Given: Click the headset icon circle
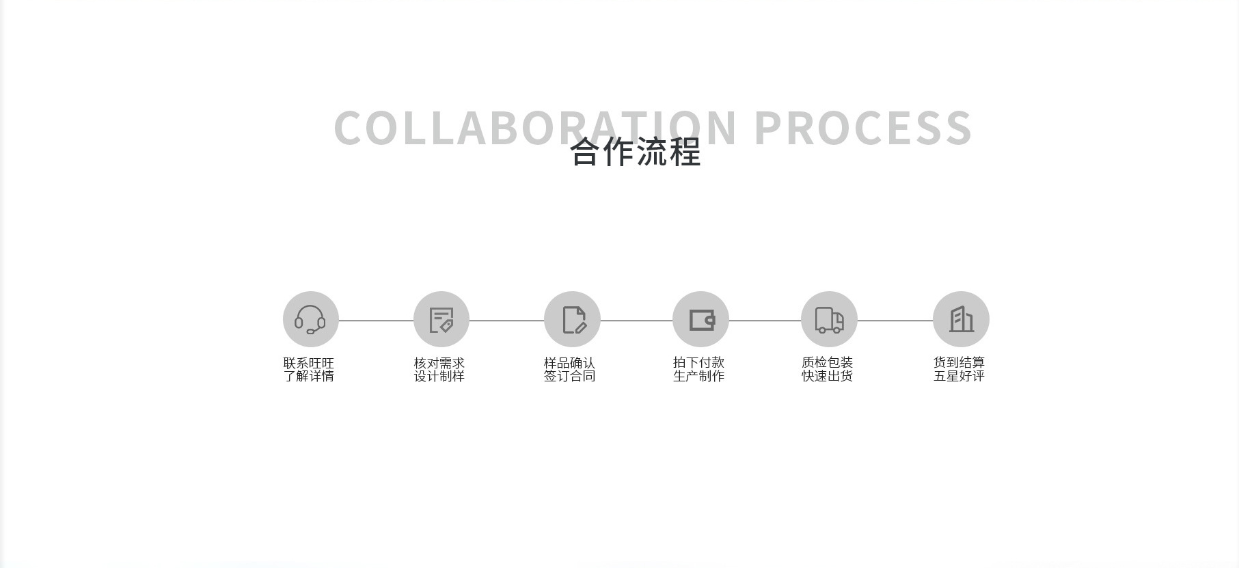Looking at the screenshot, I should point(311,319).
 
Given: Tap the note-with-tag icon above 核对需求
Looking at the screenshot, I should point(441,319).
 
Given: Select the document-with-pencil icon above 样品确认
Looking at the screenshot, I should point(572,319).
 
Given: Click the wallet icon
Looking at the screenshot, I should point(700,319).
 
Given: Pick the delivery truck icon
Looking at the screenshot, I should point(829,319).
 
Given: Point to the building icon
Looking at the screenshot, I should point(961,319).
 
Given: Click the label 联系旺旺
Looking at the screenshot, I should point(309,363).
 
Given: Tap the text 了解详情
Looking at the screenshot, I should point(309,376).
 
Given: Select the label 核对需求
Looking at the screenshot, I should point(439,363).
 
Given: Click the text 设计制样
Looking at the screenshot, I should point(439,376).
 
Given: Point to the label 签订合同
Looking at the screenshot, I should point(569,376).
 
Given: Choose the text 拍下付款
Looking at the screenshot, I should point(698,362).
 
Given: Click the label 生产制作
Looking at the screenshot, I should point(698,376).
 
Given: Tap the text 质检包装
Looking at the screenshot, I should point(827,362).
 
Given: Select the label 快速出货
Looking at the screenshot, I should point(827,376).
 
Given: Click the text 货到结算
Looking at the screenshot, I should point(959,362).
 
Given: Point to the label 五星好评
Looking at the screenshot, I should point(959,376).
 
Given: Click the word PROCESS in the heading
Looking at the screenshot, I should point(862,128).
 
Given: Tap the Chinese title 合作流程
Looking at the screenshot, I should point(636,152).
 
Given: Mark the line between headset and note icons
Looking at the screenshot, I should point(376,321).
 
